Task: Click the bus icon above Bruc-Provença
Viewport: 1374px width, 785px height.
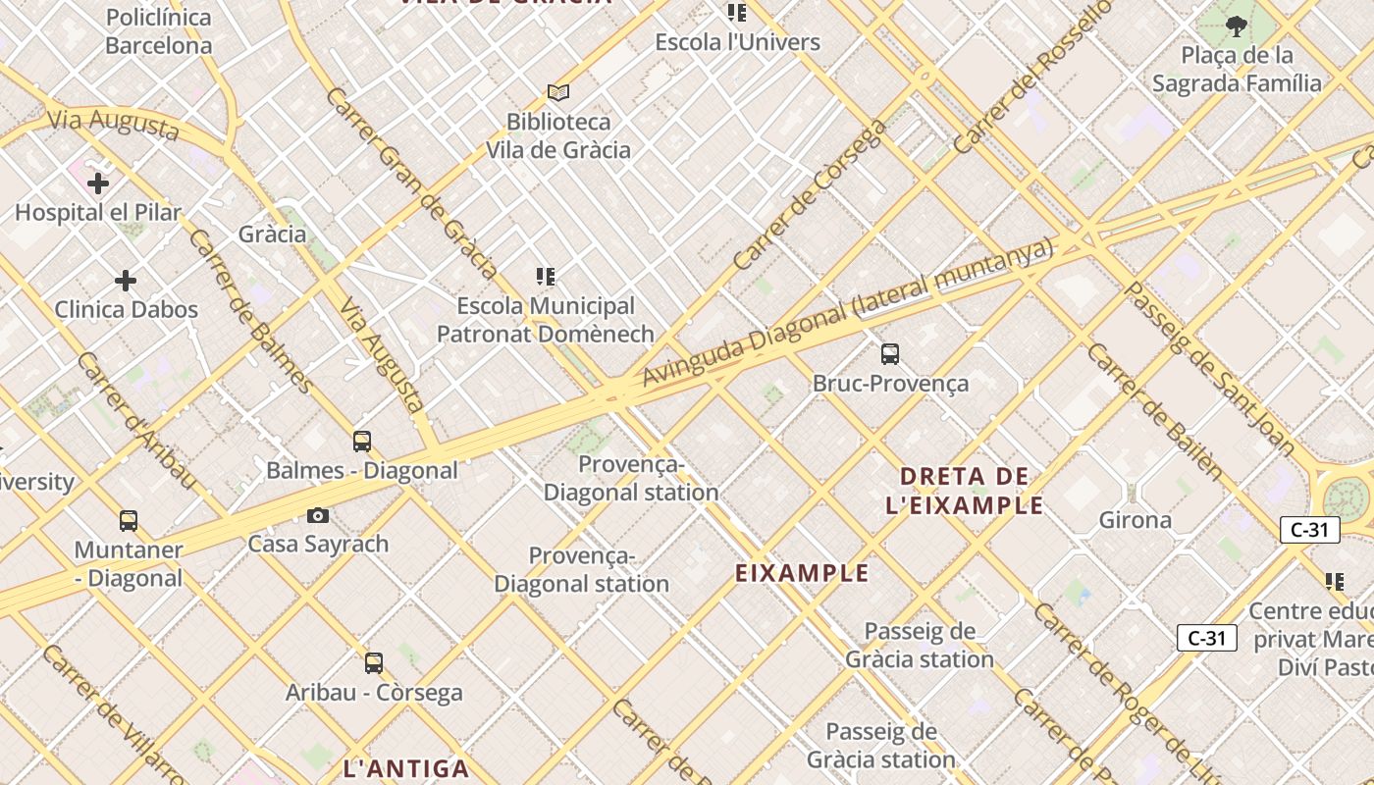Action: (x=890, y=354)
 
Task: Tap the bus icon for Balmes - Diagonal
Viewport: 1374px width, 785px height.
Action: (x=362, y=442)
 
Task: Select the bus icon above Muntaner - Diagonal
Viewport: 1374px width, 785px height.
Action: (x=129, y=521)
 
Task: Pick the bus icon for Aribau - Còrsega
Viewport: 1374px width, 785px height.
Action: (x=374, y=663)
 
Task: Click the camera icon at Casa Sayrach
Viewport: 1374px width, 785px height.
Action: (x=318, y=515)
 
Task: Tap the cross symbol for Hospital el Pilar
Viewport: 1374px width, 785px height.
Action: (x=98, y=183)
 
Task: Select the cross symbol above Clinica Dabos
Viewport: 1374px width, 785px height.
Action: (x=126, y=282)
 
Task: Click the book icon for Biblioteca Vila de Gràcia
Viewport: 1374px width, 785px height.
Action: (x=558, y=93)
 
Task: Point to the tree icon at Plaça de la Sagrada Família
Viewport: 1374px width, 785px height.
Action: (x=1237, y=26)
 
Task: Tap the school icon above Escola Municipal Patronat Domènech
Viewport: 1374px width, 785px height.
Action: (x=546, y=277)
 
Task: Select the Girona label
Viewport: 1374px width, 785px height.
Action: (x=1136, y=520)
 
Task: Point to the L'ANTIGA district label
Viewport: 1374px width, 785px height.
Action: (x=406, y=768)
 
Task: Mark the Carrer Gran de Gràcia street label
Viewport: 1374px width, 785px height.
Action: (x=411, y=183)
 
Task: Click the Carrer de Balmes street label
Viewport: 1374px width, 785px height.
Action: (x=251, y=311)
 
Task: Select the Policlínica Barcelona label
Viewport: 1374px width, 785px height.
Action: (x=158, y=31)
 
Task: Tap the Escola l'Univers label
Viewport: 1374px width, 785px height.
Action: (x=738, y=42)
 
